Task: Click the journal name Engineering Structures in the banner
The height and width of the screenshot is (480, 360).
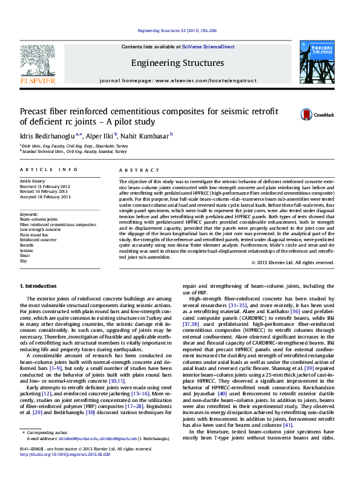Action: click(x=177, y=63)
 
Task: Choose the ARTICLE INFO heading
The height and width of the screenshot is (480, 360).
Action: click(x=49, y=171)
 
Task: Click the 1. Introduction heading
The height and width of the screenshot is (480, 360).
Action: click(x=39, y=285)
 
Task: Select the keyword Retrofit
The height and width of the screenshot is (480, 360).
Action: click(x=27, y=245)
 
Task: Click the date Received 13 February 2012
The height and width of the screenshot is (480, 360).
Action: click(x=45, y=186)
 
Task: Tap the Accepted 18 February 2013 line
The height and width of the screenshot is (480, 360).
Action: click(x=45, y=196)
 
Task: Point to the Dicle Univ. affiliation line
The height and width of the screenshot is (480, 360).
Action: click(x=76, y=146)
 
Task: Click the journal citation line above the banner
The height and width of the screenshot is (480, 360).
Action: click(x=177, y=30)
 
